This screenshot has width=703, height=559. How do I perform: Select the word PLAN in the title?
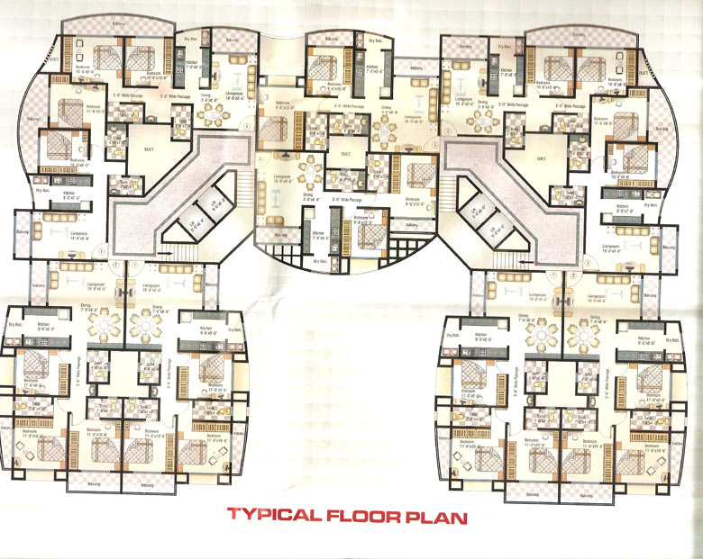436,517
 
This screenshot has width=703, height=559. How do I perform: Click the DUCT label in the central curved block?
345,153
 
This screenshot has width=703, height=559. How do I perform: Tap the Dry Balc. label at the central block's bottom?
317,260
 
